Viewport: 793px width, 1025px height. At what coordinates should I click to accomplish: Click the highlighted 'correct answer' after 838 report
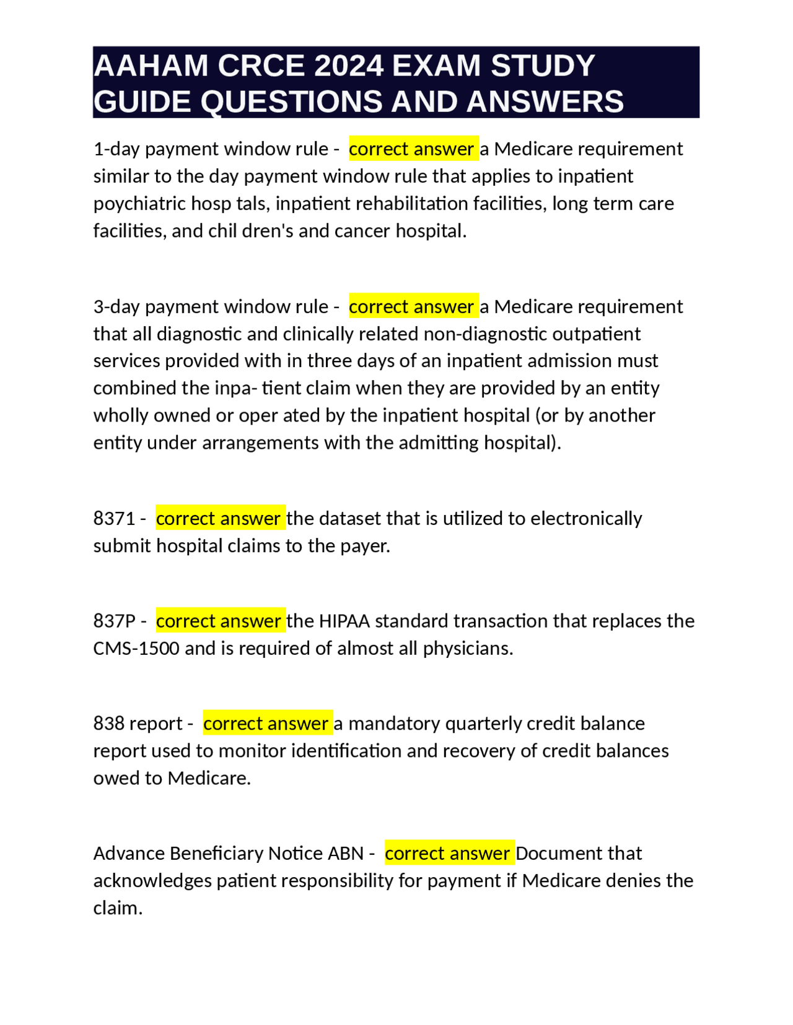coord(267,724)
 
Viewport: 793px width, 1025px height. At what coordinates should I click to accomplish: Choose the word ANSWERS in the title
coord(545,102)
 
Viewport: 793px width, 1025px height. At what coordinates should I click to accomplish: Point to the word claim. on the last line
coord(118,908)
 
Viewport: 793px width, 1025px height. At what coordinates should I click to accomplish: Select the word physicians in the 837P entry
coord(468,648)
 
